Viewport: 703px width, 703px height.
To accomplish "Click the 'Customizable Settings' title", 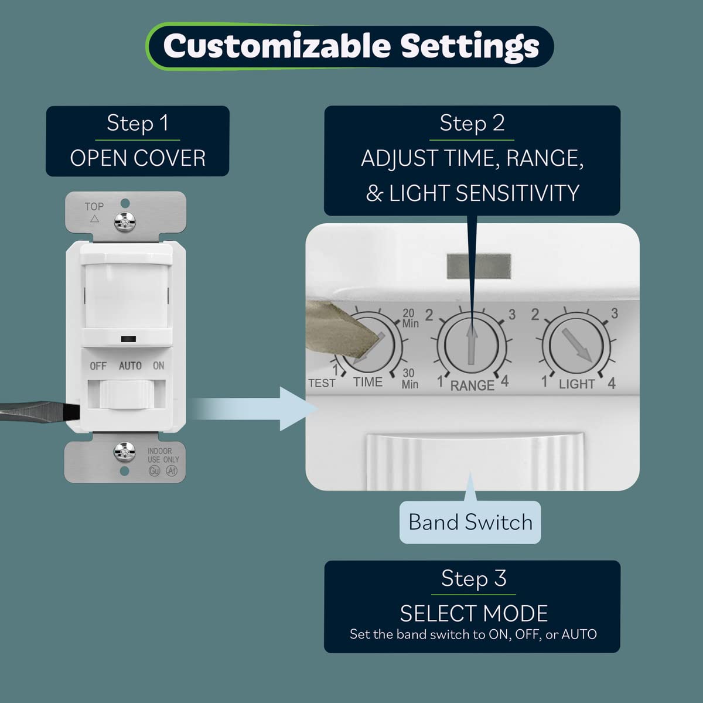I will click(350, 46).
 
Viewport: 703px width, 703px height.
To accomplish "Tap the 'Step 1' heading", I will click(138, 124).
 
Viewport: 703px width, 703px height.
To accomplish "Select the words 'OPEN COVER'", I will click(138, 158).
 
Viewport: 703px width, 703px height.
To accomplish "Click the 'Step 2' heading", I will click(472, 124).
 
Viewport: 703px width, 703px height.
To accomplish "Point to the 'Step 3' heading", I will click(473, 579).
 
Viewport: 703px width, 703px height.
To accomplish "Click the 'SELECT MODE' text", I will click(473, 613).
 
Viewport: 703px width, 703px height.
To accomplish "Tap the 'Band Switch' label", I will click(470, 522).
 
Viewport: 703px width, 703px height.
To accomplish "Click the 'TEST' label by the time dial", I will click(322, 383).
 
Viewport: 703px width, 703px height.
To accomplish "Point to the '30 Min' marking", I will click(409, 378).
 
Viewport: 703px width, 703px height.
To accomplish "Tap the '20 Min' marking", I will click(410, 318).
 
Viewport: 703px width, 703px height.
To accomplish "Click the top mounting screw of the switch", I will click(124, 220).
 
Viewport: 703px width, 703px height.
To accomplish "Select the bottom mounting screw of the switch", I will click(124, 451).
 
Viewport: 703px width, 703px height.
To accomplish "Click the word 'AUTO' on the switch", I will click(130, 366).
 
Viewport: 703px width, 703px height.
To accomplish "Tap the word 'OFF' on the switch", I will click(98, 366).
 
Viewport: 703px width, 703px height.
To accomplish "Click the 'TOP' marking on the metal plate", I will click(94, 207).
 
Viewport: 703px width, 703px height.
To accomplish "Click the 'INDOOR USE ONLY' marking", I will click(163, 456).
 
